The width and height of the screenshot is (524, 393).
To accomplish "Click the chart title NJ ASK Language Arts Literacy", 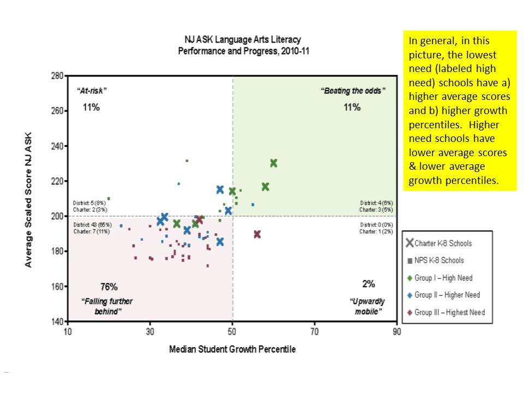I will (x=242, y=40).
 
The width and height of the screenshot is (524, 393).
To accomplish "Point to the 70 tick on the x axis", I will (x=314, y=331).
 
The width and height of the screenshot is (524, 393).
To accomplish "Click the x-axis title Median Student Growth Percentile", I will (x=232, y=349).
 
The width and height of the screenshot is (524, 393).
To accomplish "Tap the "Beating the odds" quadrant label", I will (x=352, y=91).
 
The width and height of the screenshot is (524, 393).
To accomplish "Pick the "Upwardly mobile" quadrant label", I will (x=366, y=306).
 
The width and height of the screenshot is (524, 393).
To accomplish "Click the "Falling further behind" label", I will (x=107, y=306).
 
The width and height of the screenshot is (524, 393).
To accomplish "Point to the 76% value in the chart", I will (x=109, y=287).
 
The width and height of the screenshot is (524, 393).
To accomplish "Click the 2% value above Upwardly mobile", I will (x=368, y=284).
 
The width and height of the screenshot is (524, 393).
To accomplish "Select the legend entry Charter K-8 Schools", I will (x=443, y=243).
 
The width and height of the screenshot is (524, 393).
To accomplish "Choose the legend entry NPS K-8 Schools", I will (x=439, y=260).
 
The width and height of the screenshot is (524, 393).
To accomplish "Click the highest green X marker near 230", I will (x=273, y=163).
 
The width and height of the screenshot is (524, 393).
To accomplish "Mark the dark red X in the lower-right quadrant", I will (x=257, y=234).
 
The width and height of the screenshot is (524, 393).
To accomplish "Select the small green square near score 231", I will (x=187, y=161).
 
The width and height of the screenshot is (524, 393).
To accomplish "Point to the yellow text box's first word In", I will (x=413, y=41).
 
